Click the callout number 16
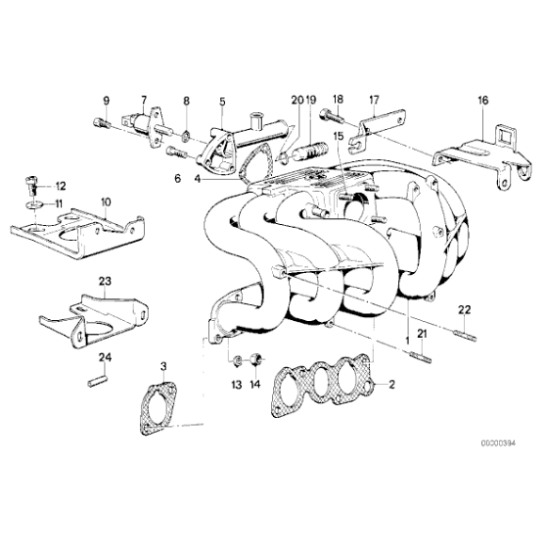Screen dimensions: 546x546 (483, 99)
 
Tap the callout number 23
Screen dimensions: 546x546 (104, 281)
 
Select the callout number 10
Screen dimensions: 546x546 (105, 201)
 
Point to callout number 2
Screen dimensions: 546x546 (392, 384)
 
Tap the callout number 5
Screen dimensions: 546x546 (222, 100)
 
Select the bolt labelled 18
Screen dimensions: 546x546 (330, 118)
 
